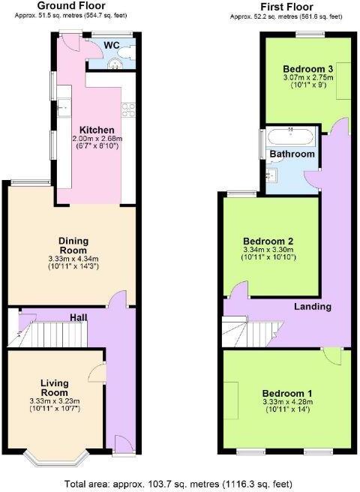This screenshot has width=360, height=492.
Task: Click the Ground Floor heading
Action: point(70,5)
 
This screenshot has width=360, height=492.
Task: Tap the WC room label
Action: point(112,45)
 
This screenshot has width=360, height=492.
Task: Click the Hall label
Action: point(79,318)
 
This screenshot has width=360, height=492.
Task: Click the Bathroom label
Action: point(292,154)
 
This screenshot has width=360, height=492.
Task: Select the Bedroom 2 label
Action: point(269,241)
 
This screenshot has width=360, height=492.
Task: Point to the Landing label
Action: point(313,307)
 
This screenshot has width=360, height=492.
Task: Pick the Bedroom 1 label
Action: point(287,394)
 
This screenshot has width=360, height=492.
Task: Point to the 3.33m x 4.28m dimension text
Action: point(288,403)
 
